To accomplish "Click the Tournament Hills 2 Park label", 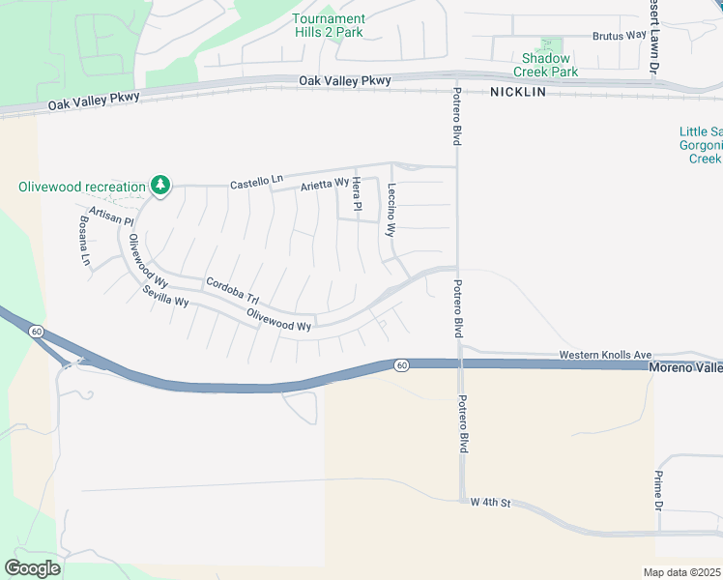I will [329, 25].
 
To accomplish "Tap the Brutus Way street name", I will [619, 36].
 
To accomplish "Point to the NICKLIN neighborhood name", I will [518, 92].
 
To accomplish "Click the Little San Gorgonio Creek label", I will [701, 145].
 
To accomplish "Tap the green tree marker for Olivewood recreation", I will [160, 185].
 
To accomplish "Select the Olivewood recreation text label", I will [81, 186].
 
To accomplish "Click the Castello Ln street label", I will [256, 181].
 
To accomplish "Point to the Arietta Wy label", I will [322, 185].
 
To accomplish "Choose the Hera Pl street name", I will [356, 194].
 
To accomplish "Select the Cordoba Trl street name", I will [233, 291].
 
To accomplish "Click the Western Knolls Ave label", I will [606, 356].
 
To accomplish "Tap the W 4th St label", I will [490, 503].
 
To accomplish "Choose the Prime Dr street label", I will [658, 491].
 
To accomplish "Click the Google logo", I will [33, 567].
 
